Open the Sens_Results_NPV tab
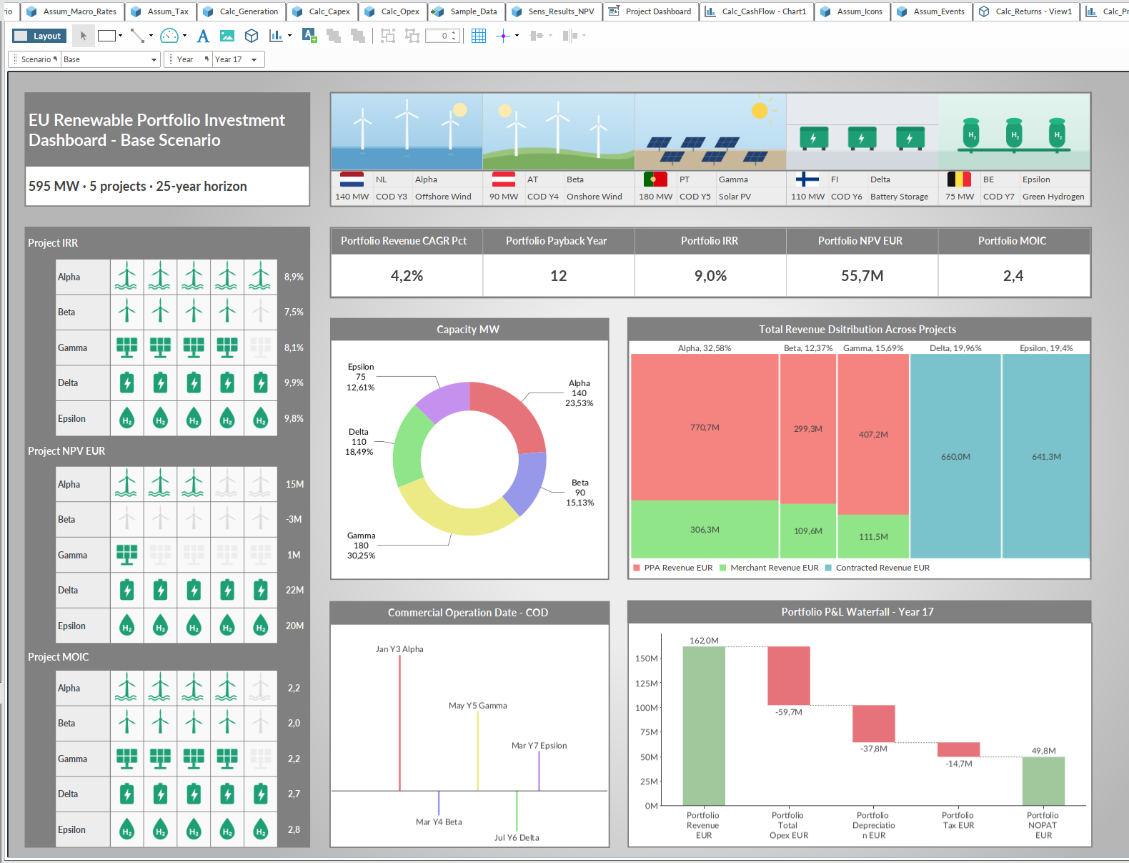(x=554, y=11)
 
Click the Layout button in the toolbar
(x=39, y=36)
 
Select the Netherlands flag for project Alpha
(x=352, y=179)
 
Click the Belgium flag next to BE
(x=959, y=179)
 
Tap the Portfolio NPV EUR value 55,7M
(x=862, y=276)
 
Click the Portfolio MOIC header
(x=1012, y=241)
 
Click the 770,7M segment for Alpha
(x=705, y=427)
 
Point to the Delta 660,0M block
(x=955, y=456)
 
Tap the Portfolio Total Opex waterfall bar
(x=788, y=676)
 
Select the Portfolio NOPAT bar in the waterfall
(x=1043, y=781)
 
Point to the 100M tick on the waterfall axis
(x=647, y=708)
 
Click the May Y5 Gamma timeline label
(x=478, y=706)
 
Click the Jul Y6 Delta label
(x=517, y=837)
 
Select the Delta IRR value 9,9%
(x=294, y=383)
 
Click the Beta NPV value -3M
(x=294, y=519)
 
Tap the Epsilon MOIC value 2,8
(x=294, y=829)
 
